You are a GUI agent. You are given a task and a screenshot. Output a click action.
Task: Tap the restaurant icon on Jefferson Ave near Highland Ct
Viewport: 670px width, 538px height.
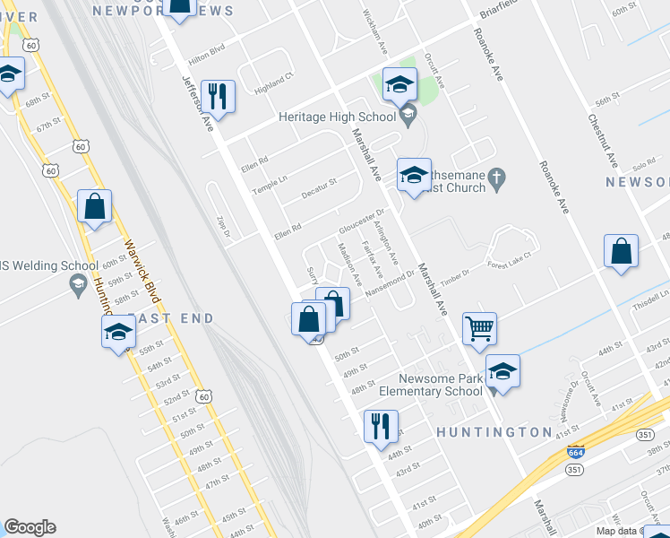coord(218,94)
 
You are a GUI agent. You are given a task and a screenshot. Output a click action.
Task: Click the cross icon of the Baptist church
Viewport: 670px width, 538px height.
coord(502,182)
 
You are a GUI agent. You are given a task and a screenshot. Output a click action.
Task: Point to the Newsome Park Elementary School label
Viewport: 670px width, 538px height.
coord(441,385)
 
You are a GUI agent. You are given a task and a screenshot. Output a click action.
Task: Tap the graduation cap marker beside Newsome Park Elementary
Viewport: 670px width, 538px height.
coord(503,371)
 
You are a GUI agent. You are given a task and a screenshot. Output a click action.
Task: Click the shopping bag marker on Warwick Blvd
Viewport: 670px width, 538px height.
coord(95,207)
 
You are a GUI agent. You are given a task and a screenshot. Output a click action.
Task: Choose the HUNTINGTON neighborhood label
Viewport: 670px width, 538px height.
coord(494,432)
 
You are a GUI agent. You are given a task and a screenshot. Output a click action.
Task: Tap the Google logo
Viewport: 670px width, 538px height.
coord(30,527)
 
